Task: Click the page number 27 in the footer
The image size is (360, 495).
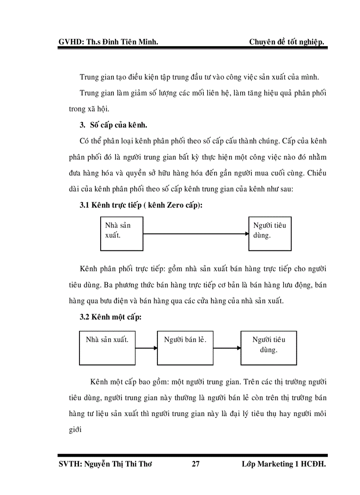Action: click(x=196, y=464)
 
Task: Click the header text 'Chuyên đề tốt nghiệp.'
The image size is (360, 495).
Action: click(x=287, y=42)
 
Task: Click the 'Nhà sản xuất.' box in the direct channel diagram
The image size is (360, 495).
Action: click(x=121, y=234)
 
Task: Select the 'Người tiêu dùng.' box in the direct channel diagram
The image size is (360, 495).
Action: click(x=270, y=234)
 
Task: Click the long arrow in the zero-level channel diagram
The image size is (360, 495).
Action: click(x=196, y=234)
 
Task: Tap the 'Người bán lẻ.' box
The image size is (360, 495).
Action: click(x=185, y=348)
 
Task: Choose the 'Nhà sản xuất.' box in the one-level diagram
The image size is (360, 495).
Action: click(x=107, y=348)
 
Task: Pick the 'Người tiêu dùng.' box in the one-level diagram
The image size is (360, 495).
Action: click(x=268, y=348)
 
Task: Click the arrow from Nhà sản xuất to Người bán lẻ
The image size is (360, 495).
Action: click(x=146, y=348)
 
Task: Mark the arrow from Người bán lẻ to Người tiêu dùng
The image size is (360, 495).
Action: click(x=227, y=348)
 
